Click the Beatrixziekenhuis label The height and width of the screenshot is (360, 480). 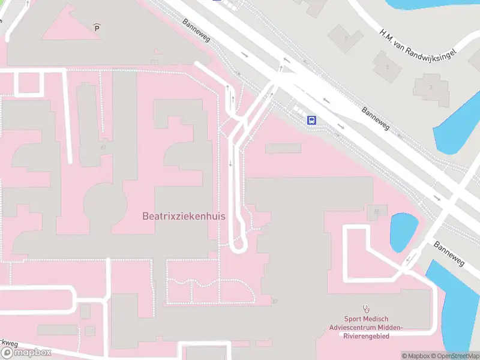184,216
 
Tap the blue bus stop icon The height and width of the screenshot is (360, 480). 312,120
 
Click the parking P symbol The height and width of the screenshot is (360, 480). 97,27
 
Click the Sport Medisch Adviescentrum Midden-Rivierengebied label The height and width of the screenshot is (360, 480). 366,328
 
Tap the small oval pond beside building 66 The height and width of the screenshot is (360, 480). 404,232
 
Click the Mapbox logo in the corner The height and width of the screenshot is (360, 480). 26,352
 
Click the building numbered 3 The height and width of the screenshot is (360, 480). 431,87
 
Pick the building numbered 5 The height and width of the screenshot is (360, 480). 387,66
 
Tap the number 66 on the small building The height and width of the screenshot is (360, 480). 377,211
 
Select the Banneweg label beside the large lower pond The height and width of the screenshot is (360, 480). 449,254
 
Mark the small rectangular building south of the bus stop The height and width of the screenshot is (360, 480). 283,148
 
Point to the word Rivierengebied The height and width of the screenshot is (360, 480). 366,336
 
